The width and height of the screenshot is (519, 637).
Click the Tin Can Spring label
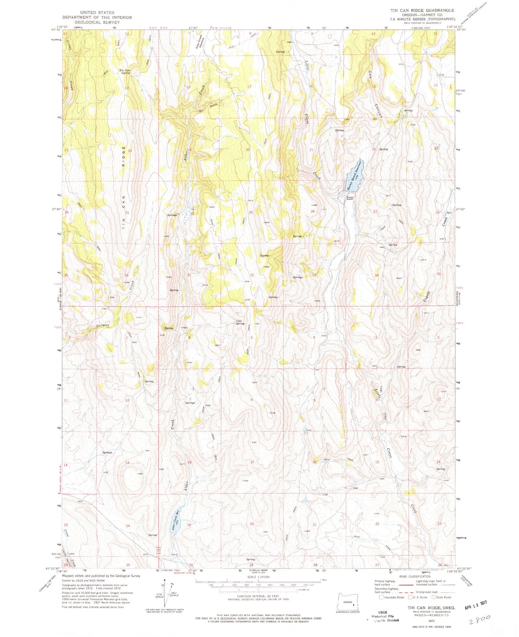[125, 71]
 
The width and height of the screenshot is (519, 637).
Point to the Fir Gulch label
[208, 107]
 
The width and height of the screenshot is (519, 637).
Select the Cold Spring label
[240, 322]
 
